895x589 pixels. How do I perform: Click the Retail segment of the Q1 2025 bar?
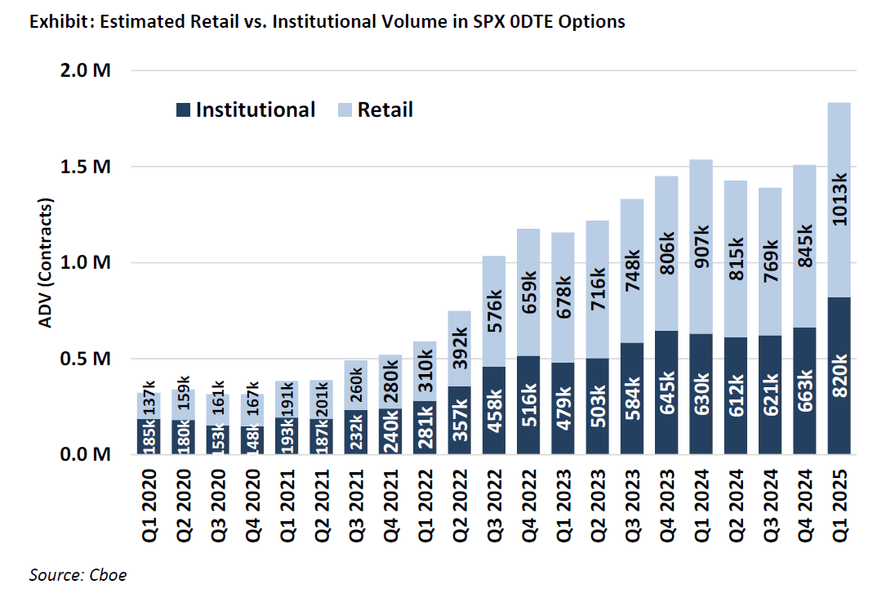pyautogui.click(x=839, y=200)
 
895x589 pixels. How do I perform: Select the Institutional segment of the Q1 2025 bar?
pyautogui.click(x=839, y=376)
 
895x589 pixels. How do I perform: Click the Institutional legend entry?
pyautogui.click(x=246, y=110)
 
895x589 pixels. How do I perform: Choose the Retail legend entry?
pyautogui.click(x=375, y=110)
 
